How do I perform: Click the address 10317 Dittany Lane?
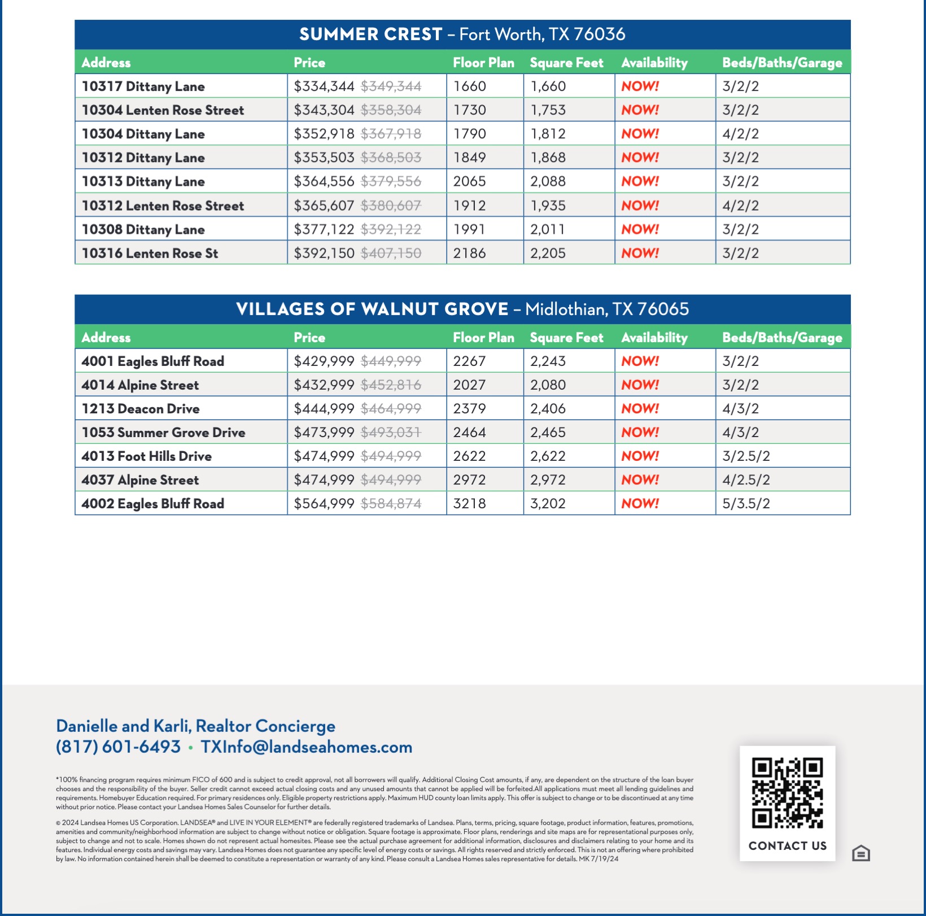point(143,86)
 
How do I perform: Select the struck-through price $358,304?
point(391,110)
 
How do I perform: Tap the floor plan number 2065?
point(469,181)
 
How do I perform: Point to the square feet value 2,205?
point(548,253)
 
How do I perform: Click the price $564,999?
point(324,503)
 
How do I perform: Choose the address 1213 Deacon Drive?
point(141,408)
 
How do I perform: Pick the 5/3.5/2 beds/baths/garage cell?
point(746,503)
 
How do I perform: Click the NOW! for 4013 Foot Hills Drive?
point(640,456)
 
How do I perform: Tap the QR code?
point(787,793)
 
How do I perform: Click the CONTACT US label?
point(787,845)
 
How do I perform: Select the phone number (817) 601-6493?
point(118,747)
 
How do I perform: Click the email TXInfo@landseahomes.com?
point(306,747)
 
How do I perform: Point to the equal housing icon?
point(861,853)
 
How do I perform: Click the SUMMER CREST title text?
point(370,34)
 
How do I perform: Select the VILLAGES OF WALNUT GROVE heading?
point(372,309)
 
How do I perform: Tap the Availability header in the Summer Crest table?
point(654,63)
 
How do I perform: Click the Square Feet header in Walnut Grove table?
point(566,338)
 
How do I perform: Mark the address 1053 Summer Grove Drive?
point(163,432)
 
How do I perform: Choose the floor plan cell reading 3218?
point(469,503)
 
